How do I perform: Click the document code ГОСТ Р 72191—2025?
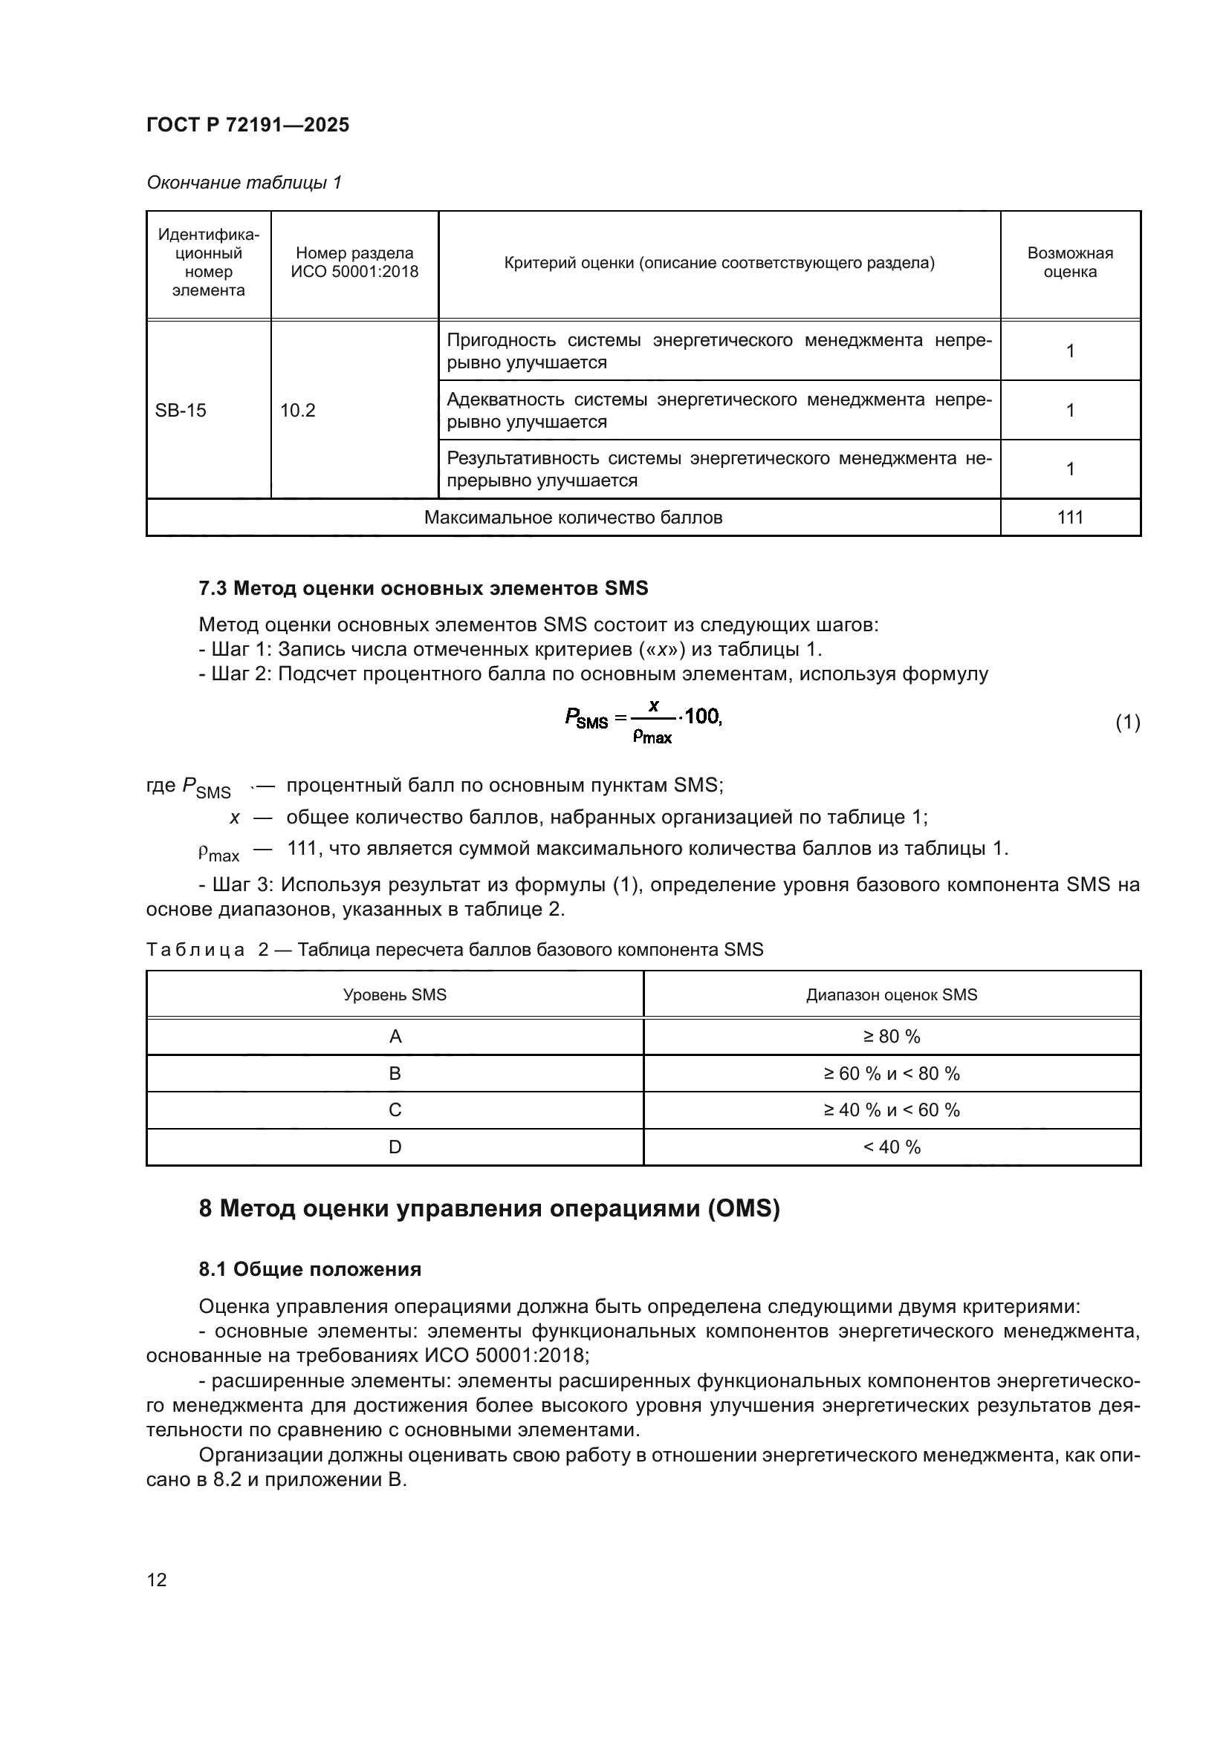247,125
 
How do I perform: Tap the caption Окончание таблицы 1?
244,183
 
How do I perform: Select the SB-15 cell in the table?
180,410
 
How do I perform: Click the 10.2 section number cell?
297,410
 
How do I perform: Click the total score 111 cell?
1069,518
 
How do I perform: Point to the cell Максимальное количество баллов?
573,518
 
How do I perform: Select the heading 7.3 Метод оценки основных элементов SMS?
423,588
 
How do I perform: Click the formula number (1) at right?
1127,723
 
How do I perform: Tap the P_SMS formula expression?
643,721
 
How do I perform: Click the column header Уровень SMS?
395,995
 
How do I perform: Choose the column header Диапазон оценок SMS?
892,995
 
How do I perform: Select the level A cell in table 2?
395,1037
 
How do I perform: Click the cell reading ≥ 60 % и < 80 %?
892,1074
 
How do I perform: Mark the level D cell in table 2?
395,1147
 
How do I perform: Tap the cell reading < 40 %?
892,1147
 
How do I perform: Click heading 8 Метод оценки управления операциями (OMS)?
489,1209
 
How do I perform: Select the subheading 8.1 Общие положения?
310,1268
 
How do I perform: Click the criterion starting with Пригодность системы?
719,351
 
